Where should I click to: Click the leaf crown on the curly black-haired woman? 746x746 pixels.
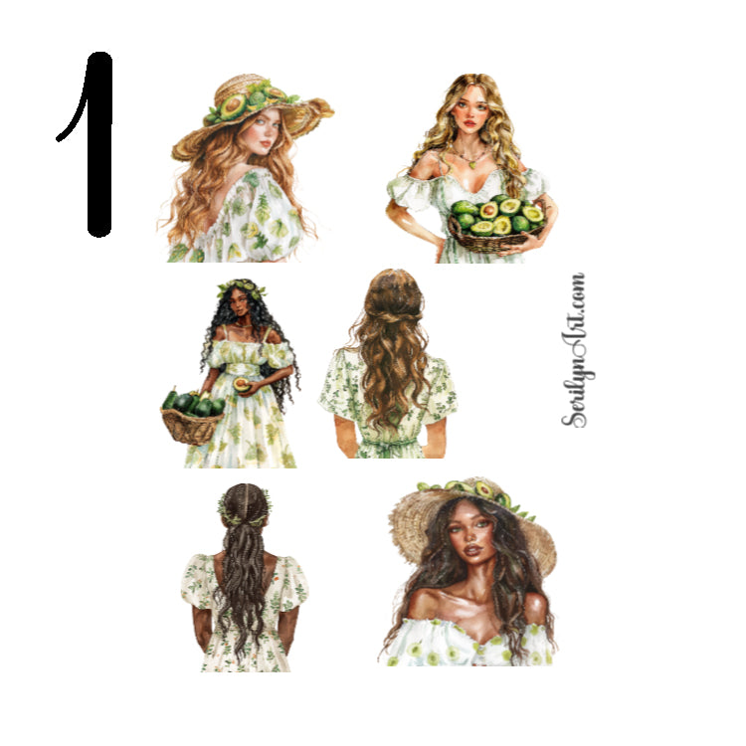pos(241,290)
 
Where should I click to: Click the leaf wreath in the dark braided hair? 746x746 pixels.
pos(245,516)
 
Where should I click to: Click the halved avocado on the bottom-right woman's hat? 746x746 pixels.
pos(484,488)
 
